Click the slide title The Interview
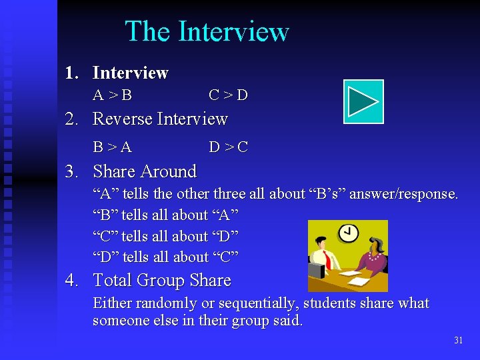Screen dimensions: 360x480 pyautogui.click(x=207, y=31)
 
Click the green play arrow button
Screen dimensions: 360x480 pyautogui.click(x=363, y=101)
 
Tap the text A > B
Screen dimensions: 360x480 pyautogui.click(x=112, y=95)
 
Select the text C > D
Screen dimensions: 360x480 pyautogui.click(x=228, y=95)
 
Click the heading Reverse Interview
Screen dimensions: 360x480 pyautogui.click(x=160, y=119)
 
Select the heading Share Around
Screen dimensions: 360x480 pyautogui.click(x=145, y=171)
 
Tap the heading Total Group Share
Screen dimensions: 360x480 pyautogui.click(x=162, y=281)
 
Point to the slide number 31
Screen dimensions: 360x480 pyautogui.click(x=458, y=341)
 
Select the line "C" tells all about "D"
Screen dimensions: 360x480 pyautogui.click(x=165, y=236)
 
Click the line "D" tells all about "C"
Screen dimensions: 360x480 pyautogui.click(x=165, y=257)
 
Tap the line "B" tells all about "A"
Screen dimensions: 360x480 pyautogui.click(x=165, y=215)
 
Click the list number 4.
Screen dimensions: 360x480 pyautogui.click(x=71, y=281)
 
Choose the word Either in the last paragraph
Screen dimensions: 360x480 pyautogui.click(x=112, y=303)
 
